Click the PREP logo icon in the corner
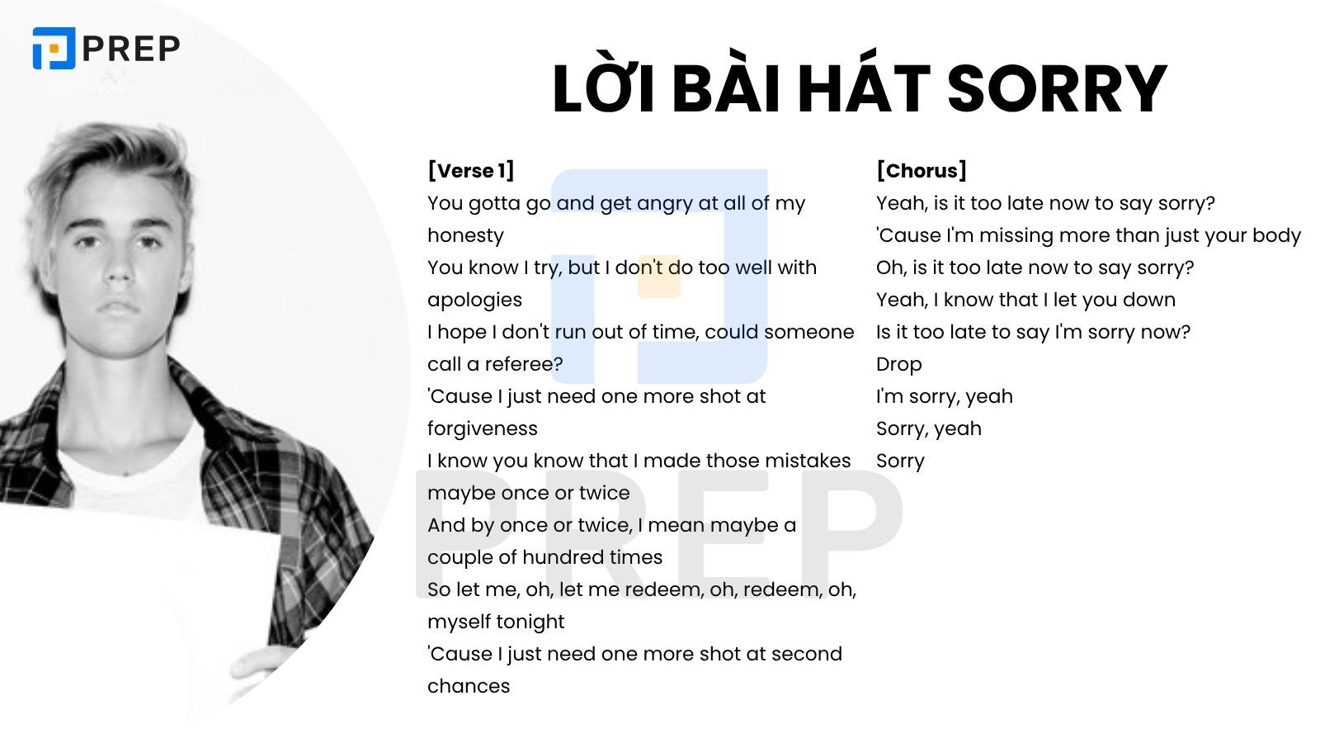[54, 48]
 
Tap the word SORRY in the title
[1057, 88]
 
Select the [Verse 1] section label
[470, 171]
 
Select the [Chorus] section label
[921, 171]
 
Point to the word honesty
[465, 235]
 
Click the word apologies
[474, 300]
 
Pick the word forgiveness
[482, 428]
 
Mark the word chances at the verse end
[469, 686]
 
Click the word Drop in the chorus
[898, 364]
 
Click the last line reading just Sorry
[900, 461]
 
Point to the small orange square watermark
[659, 277]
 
